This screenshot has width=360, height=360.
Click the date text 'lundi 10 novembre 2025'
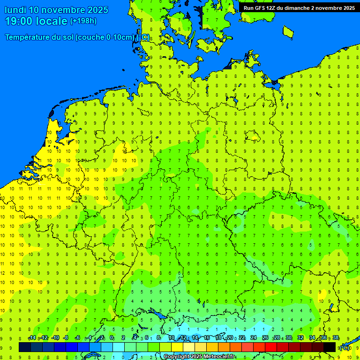click(56, 10)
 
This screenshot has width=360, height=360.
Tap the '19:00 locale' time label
click(36, 21)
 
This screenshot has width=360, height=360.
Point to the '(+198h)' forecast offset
click(83, 21)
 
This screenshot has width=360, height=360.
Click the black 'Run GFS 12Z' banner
click(299, 8)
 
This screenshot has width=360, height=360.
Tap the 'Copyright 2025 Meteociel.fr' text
click(199, 356)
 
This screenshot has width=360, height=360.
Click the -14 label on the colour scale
click(32, 338)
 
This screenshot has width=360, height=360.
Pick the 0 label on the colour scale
click(112, 338)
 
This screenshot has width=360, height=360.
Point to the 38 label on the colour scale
click(336, 338)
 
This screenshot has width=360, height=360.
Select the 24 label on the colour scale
click(254, 338)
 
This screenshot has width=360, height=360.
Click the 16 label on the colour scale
click(207, 338)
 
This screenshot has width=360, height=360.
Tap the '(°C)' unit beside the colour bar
click(345, 347)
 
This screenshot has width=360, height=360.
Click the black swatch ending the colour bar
click(330, 347)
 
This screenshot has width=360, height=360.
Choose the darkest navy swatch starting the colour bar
click(25, 347)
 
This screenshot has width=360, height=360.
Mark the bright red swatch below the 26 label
click(271, 347)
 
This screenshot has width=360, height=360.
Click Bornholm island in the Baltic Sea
click(288, 32)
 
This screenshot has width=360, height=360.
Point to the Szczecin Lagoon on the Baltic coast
click(273, 84)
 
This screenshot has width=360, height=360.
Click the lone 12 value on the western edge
click(2, 273)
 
